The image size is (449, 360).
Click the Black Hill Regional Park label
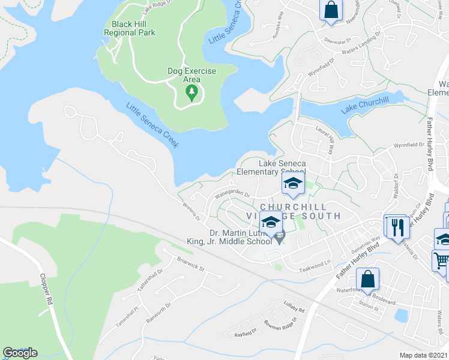pos(130,28)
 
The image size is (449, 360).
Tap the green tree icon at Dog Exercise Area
pos(191,92)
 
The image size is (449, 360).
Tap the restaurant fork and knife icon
pos(397,227)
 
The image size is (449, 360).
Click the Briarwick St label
pos(191,265)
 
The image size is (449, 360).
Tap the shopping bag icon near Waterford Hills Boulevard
pos(367,280)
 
